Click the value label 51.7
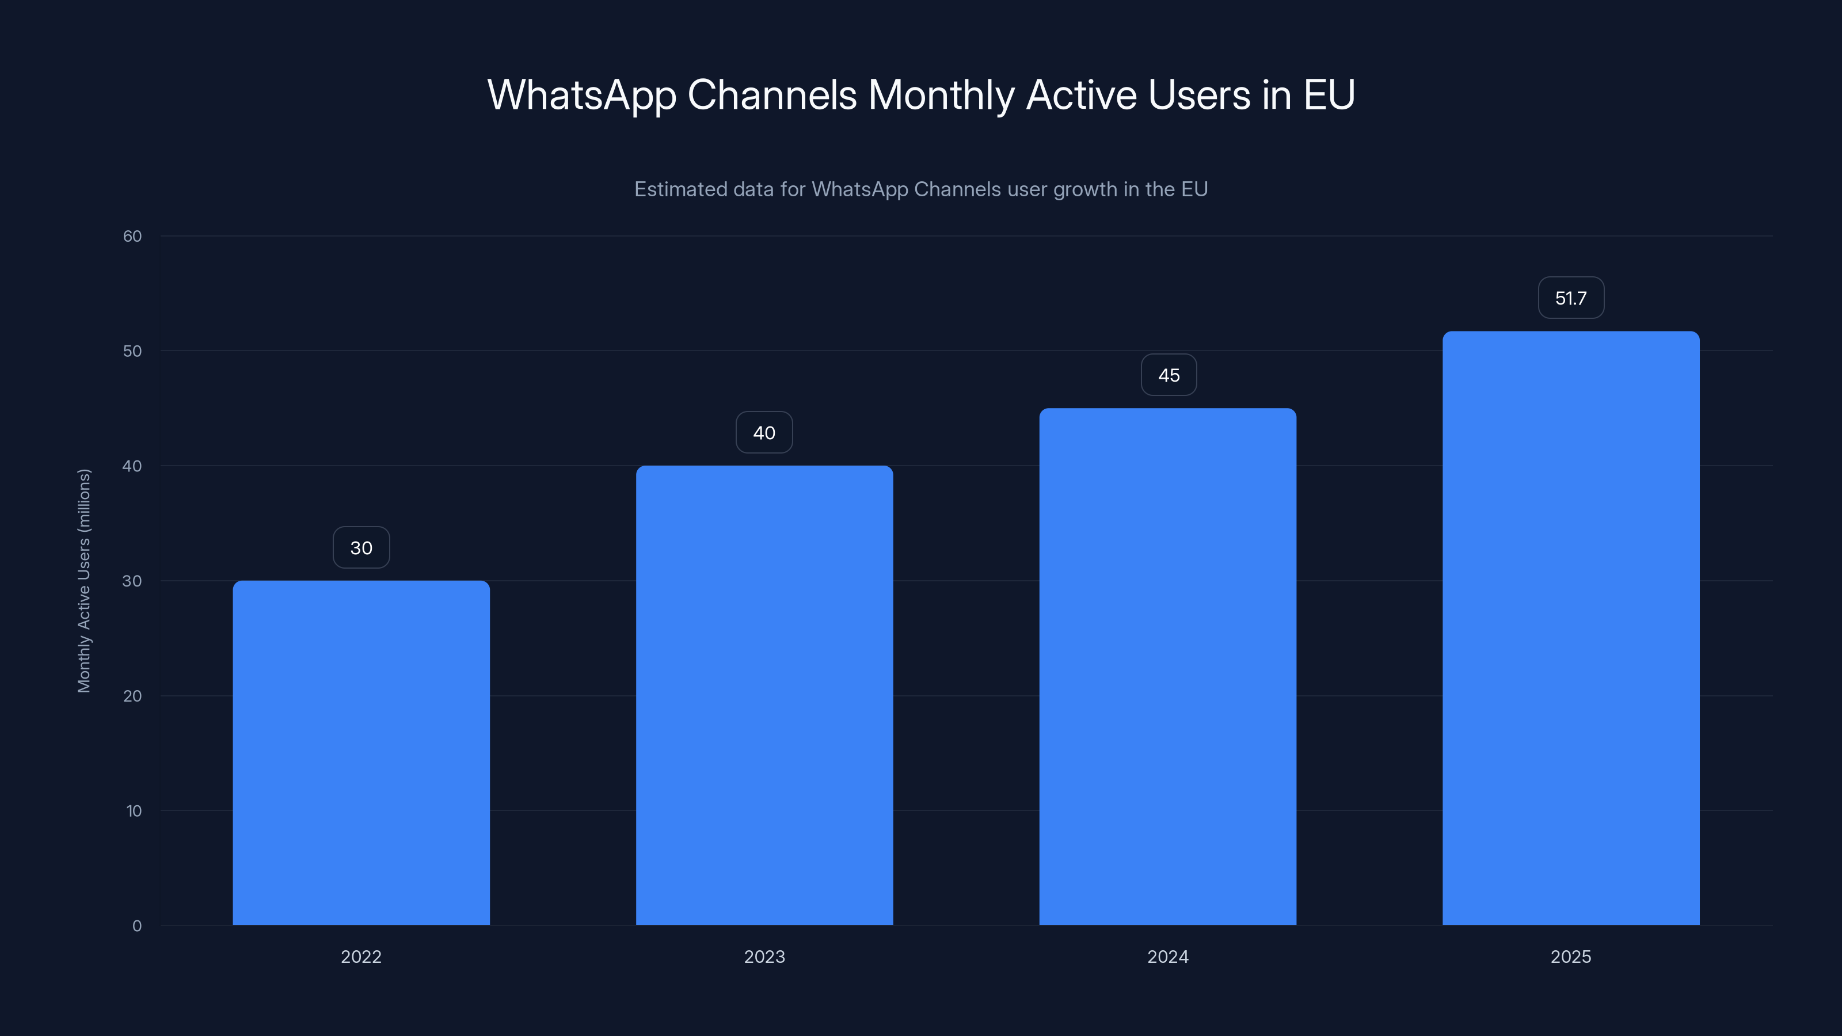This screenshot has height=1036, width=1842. (1571, 298)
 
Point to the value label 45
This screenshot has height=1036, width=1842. (1169, 375)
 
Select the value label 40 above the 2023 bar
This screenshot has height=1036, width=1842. (764, 433)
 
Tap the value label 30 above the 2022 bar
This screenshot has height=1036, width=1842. (361, 548)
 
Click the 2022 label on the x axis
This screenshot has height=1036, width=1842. (361, 957)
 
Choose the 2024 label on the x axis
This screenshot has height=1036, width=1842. (1168, 957)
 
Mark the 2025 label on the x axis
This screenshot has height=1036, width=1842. (1571, 957)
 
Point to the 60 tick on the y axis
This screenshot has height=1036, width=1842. (132, 236)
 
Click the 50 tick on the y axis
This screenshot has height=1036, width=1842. (132, 351)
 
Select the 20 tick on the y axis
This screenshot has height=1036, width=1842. (132, 696)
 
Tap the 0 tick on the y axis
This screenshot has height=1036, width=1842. (136, 926)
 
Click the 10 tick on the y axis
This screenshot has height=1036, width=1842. (134, 811)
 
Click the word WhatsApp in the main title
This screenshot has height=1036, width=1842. (581, 95)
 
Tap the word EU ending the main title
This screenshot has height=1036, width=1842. (1329, 95)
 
